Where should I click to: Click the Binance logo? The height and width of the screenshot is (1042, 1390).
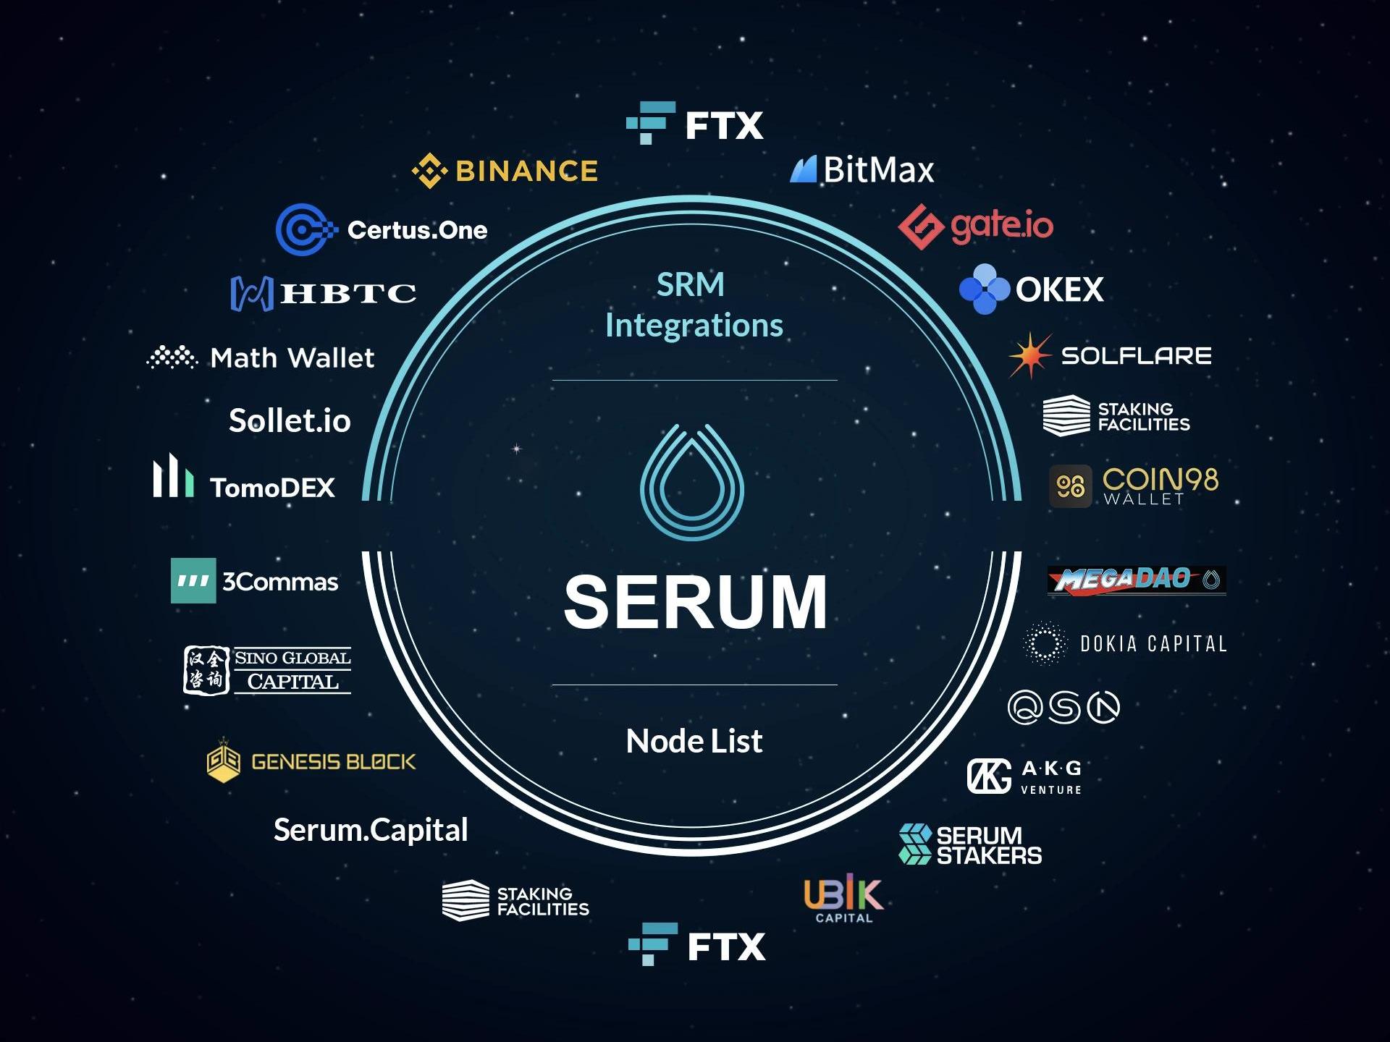coord(505,171)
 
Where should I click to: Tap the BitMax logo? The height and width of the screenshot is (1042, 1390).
coord(862,170)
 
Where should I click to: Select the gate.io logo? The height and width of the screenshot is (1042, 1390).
coord(975,226)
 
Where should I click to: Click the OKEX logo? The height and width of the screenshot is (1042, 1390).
coord(1031,289)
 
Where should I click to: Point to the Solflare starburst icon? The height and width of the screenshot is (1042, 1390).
coord(1029,355)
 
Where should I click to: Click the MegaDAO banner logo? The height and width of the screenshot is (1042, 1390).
coord(1136,580)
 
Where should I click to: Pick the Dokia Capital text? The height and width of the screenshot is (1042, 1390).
coord(1153,643)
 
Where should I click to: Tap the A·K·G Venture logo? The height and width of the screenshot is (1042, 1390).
coord(1025,776)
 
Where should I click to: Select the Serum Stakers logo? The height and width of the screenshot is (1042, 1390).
coord(970,844)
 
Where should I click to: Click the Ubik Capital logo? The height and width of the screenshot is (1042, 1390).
coord(843,899)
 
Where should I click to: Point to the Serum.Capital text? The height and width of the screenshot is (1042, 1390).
coord(371,830)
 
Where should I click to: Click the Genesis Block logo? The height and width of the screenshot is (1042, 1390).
coord(311,761)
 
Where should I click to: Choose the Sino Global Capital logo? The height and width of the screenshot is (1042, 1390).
coord(267,670)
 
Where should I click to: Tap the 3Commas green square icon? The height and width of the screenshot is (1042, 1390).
coord(193,580)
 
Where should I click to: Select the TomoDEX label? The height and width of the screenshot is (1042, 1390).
coord(272,488)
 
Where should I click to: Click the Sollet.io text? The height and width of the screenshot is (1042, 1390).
coord(290,420)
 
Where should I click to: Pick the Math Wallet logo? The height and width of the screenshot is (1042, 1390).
coord(261,357)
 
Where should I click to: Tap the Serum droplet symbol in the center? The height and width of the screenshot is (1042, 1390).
coord(692,482)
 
